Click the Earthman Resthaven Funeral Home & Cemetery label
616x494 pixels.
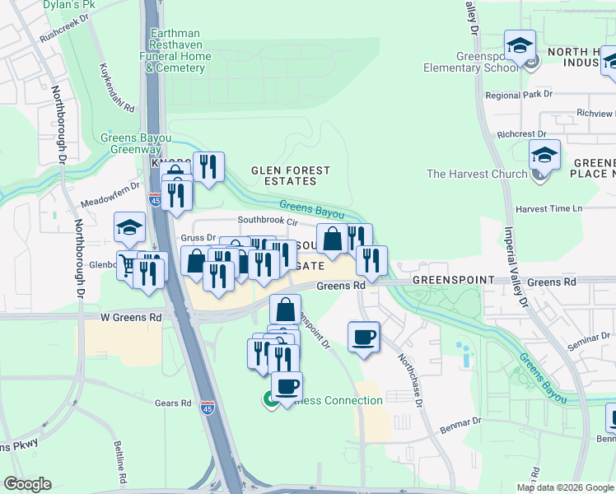point(179,51)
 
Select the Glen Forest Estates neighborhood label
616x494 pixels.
point(290,175)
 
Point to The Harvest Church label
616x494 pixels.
point(477,174)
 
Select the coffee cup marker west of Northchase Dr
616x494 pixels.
point(363,337)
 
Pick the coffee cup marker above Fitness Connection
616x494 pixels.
point(287,386)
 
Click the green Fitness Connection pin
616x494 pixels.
point(269,401)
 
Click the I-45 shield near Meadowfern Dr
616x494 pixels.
point(156,199)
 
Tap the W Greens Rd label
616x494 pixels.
point(132,317)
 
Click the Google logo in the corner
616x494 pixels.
point(27,484)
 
